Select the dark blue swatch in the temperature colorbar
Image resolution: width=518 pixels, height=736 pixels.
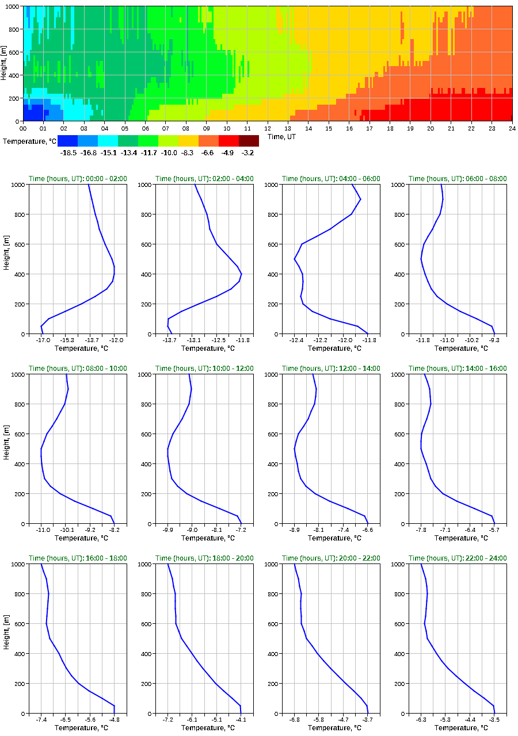[67, 140]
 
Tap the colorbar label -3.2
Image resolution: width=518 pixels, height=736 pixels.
[249, 153]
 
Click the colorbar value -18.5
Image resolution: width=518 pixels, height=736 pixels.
[67, 153]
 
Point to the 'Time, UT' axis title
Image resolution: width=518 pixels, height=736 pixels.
[281, 136]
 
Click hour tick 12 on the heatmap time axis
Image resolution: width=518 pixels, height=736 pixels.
[268, 128]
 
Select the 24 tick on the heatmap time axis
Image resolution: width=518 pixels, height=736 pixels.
[512, 128]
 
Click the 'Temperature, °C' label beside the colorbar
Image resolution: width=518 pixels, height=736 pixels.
[29, 141]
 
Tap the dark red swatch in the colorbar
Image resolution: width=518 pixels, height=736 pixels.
[249, 140]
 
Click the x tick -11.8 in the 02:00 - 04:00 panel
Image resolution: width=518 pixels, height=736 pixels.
[242, 340]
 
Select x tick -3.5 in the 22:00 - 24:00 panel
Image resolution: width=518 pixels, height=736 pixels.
[494, 720]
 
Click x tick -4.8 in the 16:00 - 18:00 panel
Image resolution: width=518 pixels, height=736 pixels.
[115, 720]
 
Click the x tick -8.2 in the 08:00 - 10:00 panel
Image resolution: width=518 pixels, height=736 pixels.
[115, 530]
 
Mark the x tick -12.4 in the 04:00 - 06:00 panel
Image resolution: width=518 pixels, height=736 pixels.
[296, 340]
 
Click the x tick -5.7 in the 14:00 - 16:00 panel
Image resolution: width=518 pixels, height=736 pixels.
[494, 530]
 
